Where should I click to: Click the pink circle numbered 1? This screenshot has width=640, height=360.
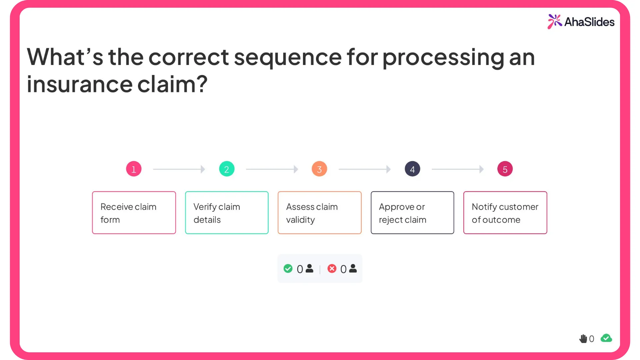coord(134,169)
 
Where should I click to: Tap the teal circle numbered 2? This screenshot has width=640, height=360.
coord(227,169)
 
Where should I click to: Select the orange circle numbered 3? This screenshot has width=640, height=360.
coord(319,169)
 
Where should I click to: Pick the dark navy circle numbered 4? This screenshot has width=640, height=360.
coord(412,169)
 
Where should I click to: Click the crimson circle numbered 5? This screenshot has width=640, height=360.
coord(505,169)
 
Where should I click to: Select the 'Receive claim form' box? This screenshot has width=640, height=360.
coord(134,213)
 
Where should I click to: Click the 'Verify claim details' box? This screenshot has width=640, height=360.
coord(227,213)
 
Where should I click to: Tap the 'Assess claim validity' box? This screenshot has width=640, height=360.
coord(319,213)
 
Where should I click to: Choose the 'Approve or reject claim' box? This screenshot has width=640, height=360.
coord(412,213)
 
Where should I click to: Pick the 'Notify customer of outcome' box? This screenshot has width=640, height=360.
coord(505,213)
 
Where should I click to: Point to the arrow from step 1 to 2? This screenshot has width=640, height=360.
coord(179,169)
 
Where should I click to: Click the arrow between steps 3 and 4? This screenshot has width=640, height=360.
coord(365,169)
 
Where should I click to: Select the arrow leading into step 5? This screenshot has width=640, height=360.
coord(458,169)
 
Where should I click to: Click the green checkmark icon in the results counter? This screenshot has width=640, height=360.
coord(288,269)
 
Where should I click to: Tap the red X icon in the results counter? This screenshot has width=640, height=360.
coord(332,269)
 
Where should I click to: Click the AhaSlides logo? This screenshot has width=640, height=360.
coord(581,22)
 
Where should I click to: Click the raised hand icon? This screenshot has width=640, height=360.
coord(583,339)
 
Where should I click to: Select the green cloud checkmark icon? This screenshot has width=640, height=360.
coord(606,338)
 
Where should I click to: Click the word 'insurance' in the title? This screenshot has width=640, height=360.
coord(80,84)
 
